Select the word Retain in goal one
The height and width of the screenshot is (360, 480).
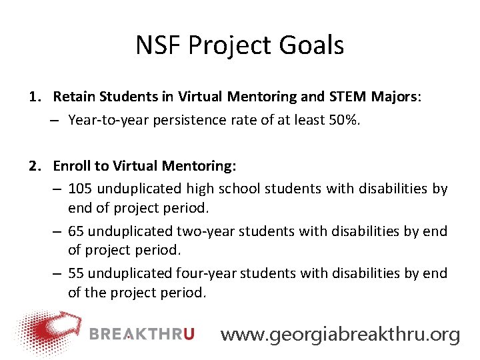tap(74, 97)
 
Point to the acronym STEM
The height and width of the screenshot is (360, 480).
tap(348, 97)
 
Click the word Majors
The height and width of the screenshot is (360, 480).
tap(395, 97)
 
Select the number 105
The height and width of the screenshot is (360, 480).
tap(80, 189)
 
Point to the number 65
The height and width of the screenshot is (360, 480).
tap(76, 231)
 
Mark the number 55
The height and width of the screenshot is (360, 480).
tap(76, 273)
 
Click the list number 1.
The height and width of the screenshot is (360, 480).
tap(34, 97)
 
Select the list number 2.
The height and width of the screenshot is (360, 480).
tap(34, 165)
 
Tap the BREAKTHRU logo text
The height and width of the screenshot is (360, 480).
tap(141, 334)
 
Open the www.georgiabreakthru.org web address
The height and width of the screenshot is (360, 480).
tap(340, 334)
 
